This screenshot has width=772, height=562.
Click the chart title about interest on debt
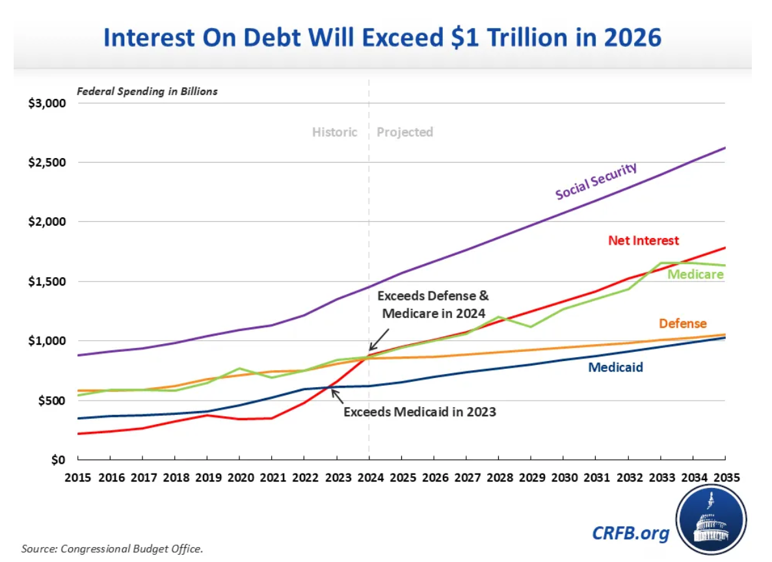pyautogui.click(x=382, y=38)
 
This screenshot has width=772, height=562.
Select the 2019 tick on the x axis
pyautogui.click(x=206, y=476)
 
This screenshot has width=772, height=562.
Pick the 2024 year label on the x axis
pyautogui.click(x=369, y=476)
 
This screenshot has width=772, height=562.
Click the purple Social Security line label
pyautogui.click(x=596, y=181)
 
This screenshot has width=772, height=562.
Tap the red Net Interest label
pyautogui.click(x=643, y=241)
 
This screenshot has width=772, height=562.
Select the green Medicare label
pyautogui.click(x=695, y=274)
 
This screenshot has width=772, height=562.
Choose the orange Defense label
pyautogui.click(x=682, y=323)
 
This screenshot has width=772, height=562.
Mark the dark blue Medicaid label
pyautogui.click(x=615, y=368)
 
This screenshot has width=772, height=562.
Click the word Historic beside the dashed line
pyautogui.click(x=334, y=132)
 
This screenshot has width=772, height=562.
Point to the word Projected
pyautogui.click(x=405, y=132)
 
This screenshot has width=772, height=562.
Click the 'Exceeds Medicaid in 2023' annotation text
pyautogui.click(x=419, y=412)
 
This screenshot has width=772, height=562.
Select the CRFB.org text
pyautogui.click(x=630, y=533)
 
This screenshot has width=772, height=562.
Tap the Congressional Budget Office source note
pyautogui.click(x=113, y=548)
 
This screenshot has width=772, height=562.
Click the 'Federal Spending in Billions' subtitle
pyautogui.click(x=148, y=91)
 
